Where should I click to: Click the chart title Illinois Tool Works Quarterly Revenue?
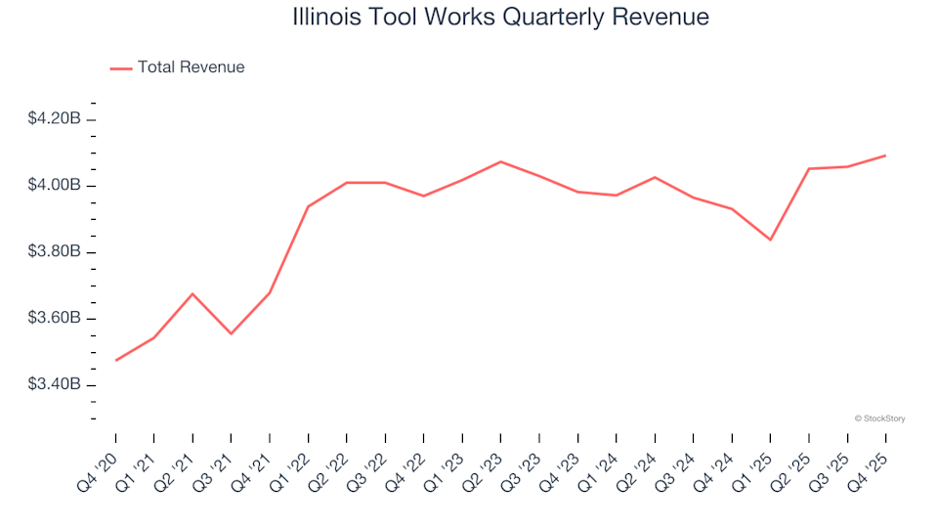coord(500,18)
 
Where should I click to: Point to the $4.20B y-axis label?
coord(55,119)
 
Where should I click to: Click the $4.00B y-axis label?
coord(55,186)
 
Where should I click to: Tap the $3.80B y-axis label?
coord(55,252)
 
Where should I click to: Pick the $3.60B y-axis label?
coord(55,319)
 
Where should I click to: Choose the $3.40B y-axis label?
coord(55,385)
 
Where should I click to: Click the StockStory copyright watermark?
coord(879,418)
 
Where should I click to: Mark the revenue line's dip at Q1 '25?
coord(771,240)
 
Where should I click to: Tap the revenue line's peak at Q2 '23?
coord(501,161)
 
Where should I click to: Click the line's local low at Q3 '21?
coord(231,334)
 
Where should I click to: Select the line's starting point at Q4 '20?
coord(115,361)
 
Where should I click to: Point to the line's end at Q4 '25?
coord(886,155)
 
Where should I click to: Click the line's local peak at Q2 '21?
coord(192,293)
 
